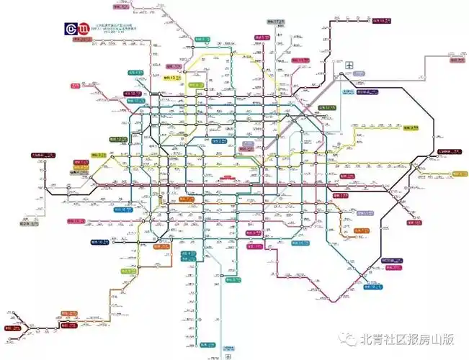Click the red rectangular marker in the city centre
(229, 177)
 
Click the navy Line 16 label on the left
(100, 243)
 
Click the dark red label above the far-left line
(40, 154)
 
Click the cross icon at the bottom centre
(228, 356)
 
